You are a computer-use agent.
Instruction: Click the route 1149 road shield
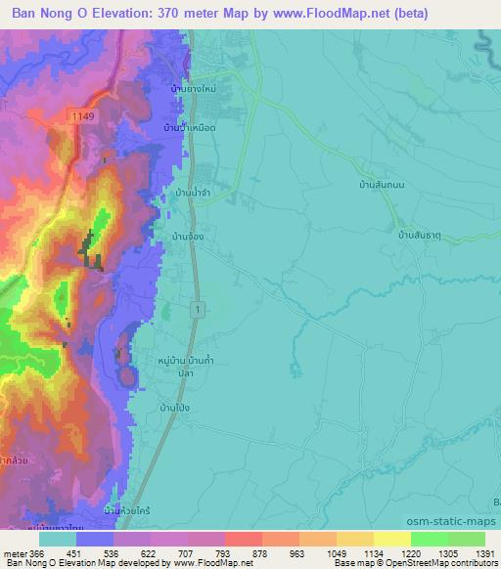tap(82, 115)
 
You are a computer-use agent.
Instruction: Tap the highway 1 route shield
tap(199, 309)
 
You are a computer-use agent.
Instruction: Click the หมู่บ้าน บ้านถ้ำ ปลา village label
tap(186, 367)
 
